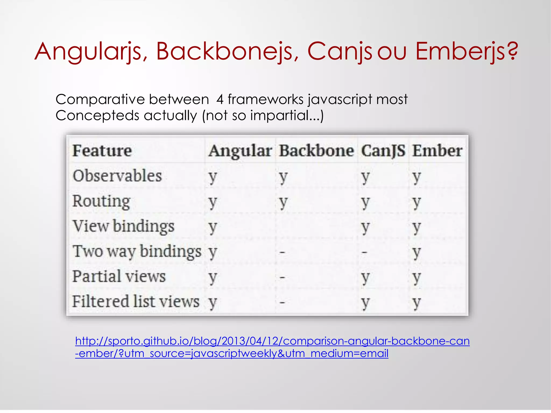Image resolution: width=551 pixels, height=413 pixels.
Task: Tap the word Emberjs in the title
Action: [460, 52]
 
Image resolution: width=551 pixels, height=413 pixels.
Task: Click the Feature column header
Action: [102, 151]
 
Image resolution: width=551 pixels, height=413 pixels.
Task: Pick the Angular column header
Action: [240, 151]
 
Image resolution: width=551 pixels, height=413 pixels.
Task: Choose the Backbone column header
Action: [316, 151]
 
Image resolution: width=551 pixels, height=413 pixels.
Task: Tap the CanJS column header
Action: [383, 151]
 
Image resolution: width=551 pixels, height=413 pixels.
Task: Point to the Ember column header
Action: [437, 151]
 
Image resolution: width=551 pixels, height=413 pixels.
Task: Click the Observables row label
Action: [117, 176]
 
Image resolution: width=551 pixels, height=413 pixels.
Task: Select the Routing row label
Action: [101, 202]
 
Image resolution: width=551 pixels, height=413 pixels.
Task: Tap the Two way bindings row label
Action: [137, 252]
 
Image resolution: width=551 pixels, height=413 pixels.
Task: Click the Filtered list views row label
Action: [136, 301]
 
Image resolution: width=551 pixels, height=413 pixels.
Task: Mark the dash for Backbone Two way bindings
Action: [282, 252]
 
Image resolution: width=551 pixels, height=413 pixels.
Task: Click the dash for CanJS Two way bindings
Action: [365, 252]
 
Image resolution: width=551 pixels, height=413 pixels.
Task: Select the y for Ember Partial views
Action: [416, 277]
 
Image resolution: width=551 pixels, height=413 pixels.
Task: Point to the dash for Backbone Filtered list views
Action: [282, 302]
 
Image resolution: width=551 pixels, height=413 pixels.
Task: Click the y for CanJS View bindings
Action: [365, 227]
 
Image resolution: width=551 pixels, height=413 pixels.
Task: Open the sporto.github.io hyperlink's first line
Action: [272, 341]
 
